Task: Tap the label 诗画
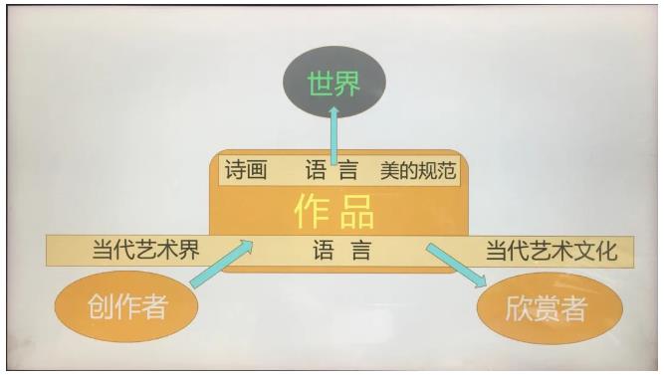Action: [x=246, y=170]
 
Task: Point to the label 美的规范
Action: [x=417, y=170]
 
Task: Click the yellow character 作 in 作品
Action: [x=311, y=211]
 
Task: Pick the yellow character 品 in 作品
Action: [x=357, y=211]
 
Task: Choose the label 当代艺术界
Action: [x=145, y=250]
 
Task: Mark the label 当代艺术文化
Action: [x=551, y=250]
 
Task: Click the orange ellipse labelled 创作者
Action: [x=125, y=307]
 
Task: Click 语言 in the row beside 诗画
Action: [x=332, y=170]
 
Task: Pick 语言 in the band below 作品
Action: [x=340, y=250]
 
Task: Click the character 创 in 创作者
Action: [x=99, y=307]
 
